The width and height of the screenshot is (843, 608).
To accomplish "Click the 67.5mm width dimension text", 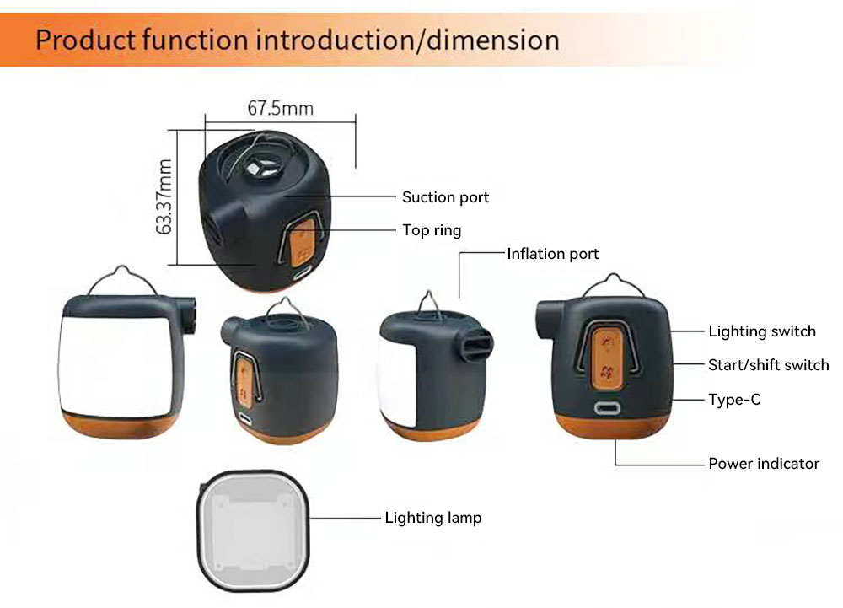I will (280, 108).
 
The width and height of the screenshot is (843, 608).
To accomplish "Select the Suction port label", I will (445, 197).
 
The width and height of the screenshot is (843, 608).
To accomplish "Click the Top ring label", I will (432, 230).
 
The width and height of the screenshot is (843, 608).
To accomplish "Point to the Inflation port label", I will (553, 254).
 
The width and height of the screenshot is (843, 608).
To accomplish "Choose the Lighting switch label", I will (762, 331).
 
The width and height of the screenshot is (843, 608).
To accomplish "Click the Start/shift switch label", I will (768, 365).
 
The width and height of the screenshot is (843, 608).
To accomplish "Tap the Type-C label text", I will (734, 400).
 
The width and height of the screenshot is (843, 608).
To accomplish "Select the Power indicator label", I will (764, 463).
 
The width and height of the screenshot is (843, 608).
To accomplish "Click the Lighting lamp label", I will (433, 518).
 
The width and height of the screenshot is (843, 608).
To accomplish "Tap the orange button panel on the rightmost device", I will (606, 358).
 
